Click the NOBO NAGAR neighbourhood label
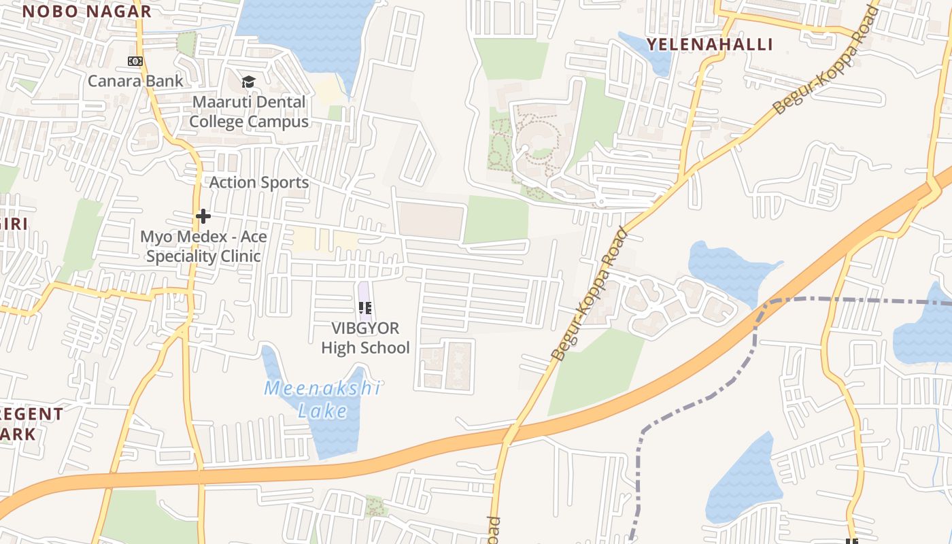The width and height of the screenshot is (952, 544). coord(86,11)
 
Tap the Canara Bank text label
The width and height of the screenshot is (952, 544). coord(135,81)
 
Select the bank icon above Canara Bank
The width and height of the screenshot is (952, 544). coord(135,61)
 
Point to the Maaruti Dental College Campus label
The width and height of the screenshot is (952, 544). coord(249,112)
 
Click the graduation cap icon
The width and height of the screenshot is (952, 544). coord(249,82)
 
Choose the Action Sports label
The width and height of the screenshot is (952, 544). coord(258,182)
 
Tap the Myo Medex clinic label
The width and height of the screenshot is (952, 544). coord(203,246)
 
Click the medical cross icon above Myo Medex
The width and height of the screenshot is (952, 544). coord(203,217)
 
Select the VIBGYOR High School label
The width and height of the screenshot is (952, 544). coord(365,338)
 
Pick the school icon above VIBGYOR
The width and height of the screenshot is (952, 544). coord(365,309)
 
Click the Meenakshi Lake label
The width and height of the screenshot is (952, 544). coord(322,399)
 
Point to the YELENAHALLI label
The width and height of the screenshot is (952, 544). coord(709,45)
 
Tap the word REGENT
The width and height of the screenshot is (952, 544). coord(31,414)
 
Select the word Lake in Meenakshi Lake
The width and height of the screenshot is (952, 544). coord(322,411)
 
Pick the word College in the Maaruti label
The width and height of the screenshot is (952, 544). coord(216,122)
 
